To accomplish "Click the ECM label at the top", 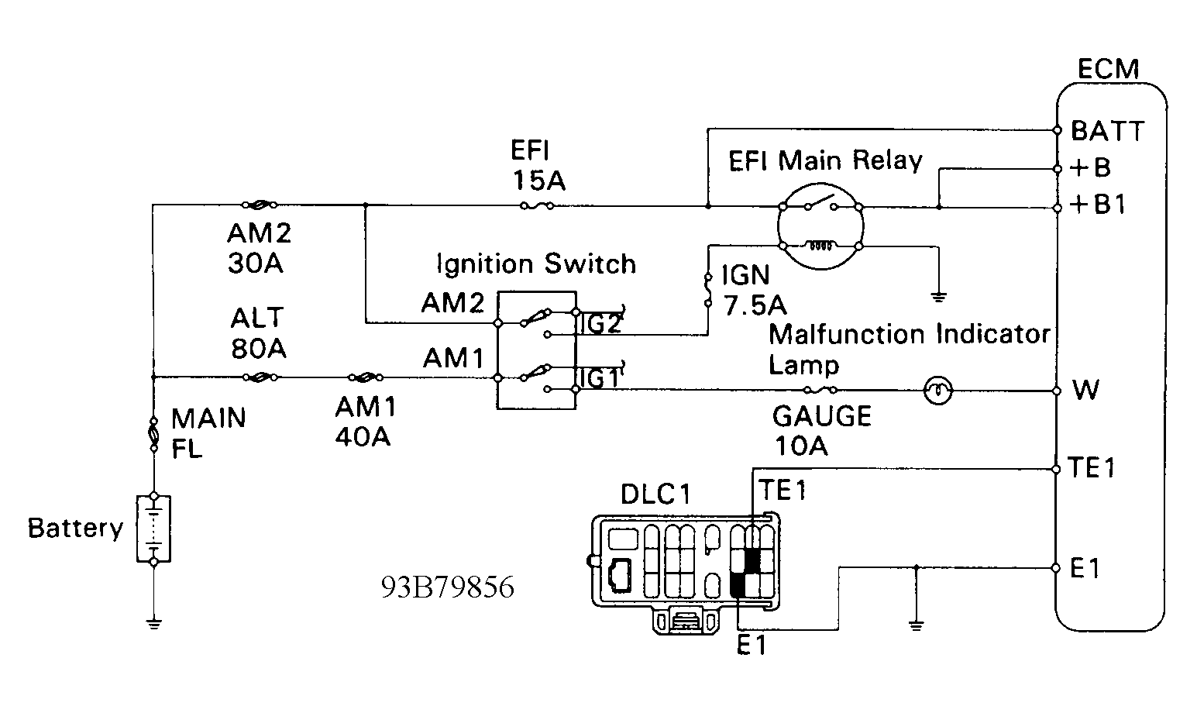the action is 1109,70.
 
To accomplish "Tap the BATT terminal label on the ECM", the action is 1108,131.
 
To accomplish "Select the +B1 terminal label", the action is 1098,204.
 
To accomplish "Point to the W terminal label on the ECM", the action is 1086,390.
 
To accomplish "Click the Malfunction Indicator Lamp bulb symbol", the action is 937,391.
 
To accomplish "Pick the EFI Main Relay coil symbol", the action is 820,246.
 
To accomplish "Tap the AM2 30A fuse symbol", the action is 260,205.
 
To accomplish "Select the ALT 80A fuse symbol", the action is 260,377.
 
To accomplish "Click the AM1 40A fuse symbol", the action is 366,377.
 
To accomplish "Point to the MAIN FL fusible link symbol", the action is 154,434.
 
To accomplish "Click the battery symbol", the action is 154,529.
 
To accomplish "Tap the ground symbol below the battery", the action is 154,624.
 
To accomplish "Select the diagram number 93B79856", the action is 447,587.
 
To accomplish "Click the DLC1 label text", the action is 655,494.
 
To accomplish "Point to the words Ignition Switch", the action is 536,263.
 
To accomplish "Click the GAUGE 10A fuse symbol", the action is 820,390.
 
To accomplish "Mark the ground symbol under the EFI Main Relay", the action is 939,297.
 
